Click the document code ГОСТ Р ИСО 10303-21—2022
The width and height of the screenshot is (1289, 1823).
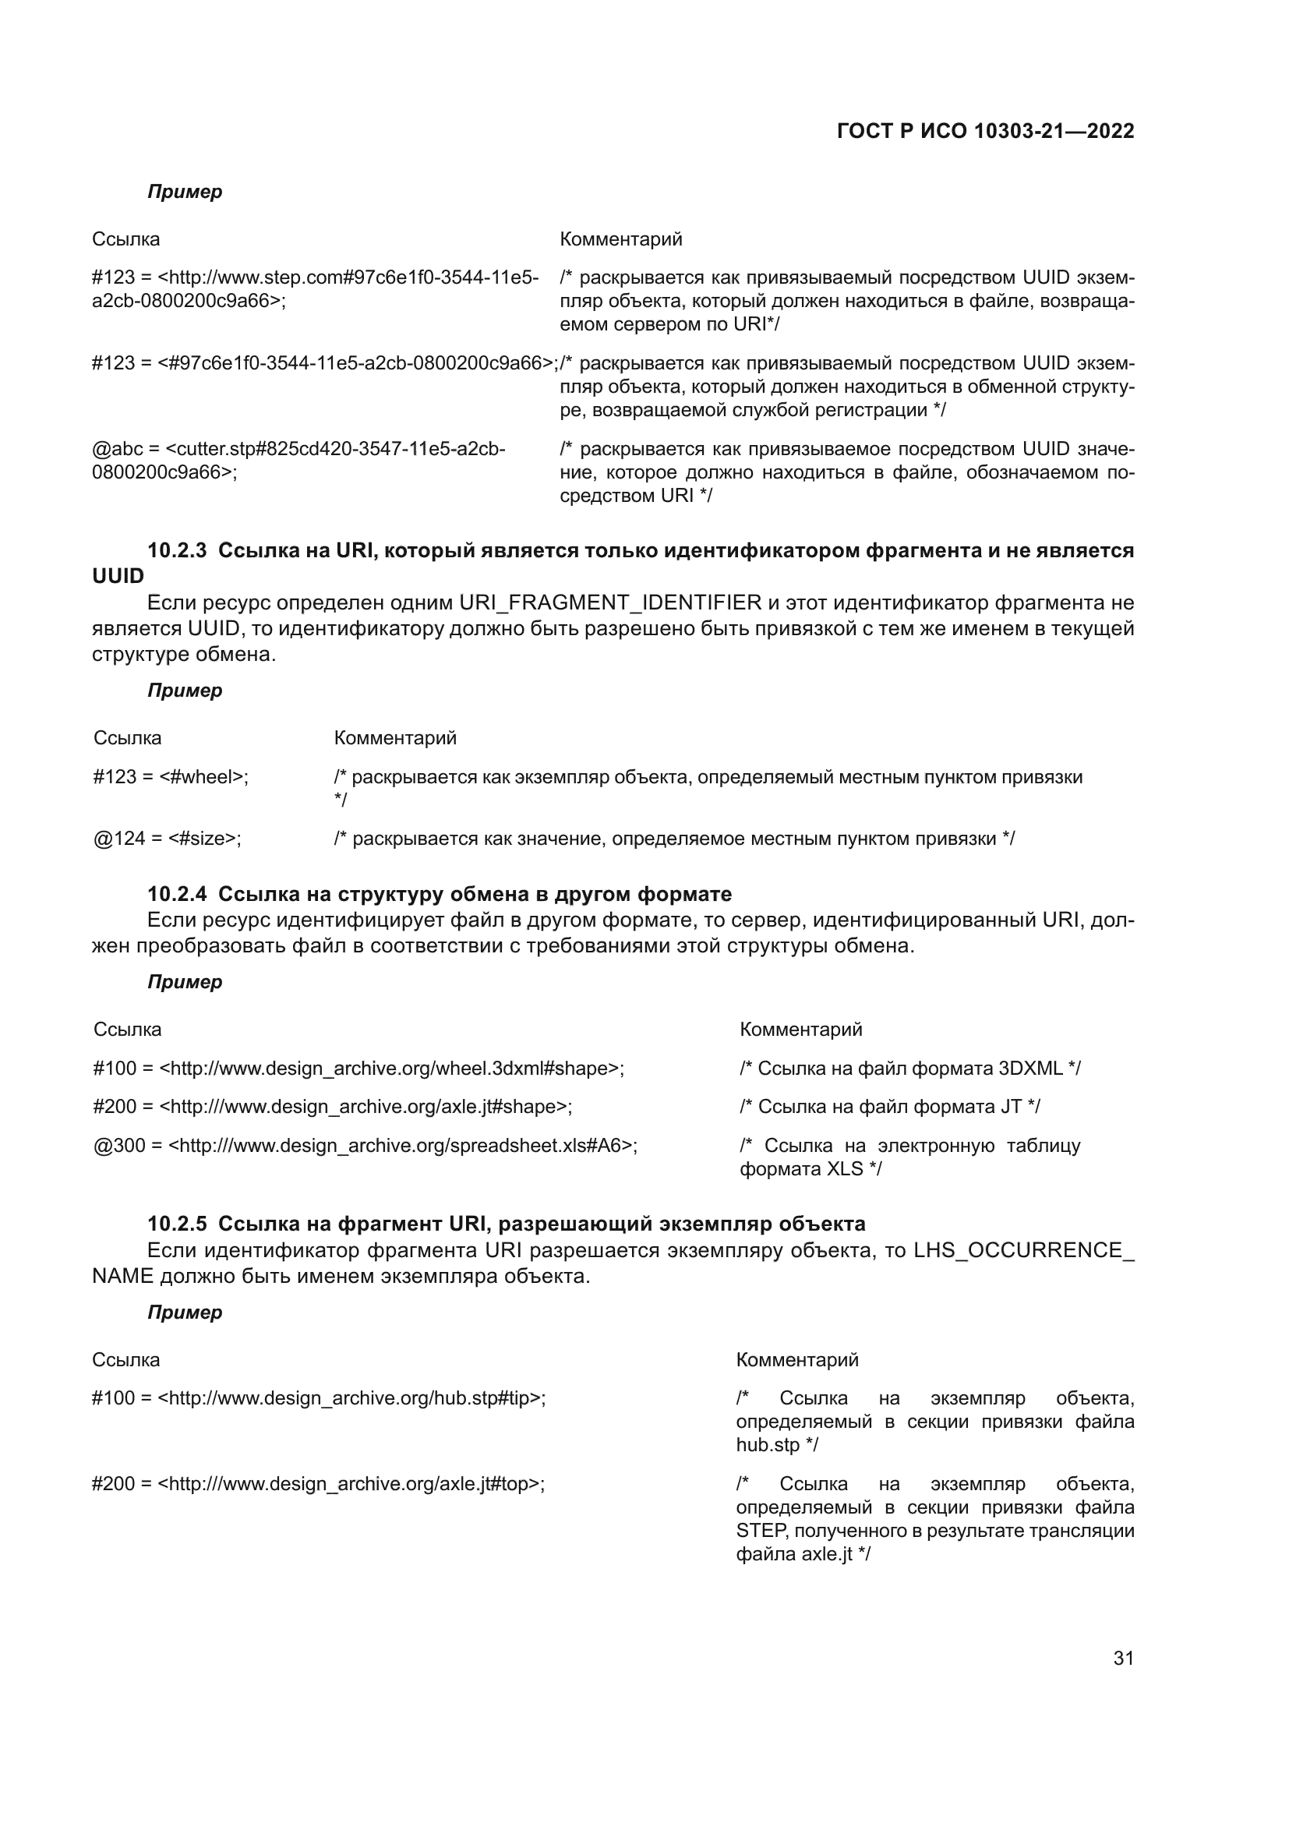[x=985, y=131]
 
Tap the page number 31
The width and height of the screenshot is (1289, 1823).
[x=1123, y=1658]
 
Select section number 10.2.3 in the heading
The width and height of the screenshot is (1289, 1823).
[x=177, y=550]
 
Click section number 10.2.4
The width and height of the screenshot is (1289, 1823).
[x=177, y=894]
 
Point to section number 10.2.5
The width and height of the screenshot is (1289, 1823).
[x=177, y=1224]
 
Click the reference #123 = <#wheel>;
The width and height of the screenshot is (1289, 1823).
[x=171, y=776]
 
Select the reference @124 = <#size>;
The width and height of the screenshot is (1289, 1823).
[x=168, y=839]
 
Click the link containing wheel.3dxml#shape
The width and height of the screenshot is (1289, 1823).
[x=358, y=1068]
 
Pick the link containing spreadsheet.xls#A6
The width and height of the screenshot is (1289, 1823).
[x=365, y=1146]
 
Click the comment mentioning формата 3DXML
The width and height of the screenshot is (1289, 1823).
[x=909, y=1068]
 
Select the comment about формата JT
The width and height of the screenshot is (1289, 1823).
[x=890, y=1106]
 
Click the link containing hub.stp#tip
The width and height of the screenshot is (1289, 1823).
[x=319, y=1398]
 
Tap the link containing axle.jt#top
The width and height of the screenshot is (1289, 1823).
[x=318, y=1484]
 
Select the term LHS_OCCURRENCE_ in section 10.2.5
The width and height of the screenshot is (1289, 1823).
[x=1023, y=1250]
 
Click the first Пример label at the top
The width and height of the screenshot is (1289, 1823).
[x=185, y=193]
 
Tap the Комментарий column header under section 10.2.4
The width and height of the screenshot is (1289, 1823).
[x=800, y=1030]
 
